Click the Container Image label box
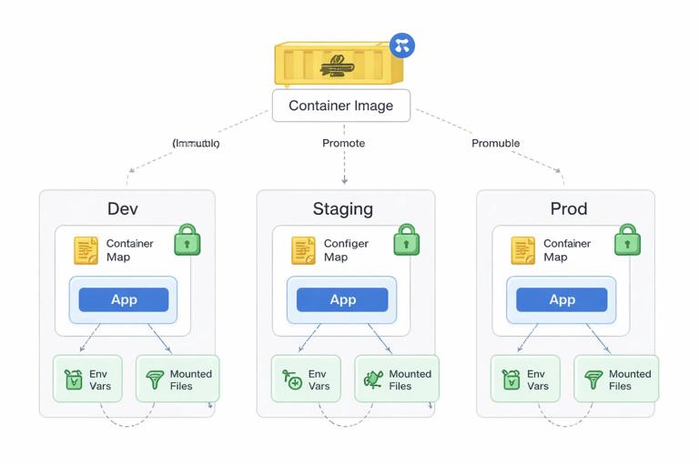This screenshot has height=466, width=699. (341, 106)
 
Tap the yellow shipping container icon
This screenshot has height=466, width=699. (338, 64)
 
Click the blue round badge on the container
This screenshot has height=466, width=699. (401, 46)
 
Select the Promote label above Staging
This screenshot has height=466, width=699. (343, 143)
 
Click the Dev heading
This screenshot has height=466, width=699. (123, 208)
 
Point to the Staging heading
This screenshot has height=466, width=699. (342, 208)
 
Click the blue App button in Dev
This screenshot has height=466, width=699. (124, 299)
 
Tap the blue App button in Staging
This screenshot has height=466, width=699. (342, 299)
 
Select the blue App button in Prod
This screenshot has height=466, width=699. (562, 299)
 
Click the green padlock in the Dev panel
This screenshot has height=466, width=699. (187, 239)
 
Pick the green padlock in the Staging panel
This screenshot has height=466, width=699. (406, 239)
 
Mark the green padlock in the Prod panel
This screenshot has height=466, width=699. (627, 239)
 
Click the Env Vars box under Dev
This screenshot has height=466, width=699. (86, 379)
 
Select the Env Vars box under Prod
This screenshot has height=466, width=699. (525, 379)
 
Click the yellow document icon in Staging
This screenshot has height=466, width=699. (303, 250)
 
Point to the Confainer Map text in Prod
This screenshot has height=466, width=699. (566, 250)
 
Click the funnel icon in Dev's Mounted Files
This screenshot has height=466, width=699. (155, 380)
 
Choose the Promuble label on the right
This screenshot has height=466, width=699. (495, 143)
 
